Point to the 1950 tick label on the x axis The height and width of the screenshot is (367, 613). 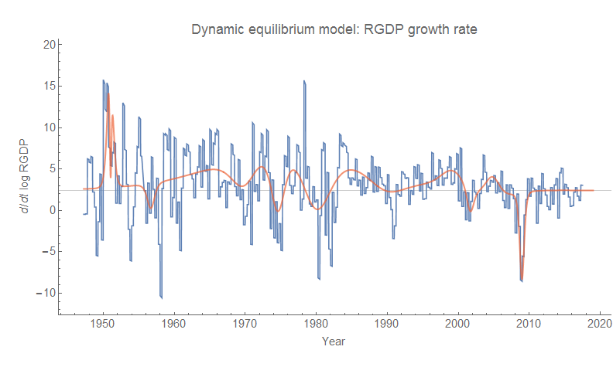pos(102,325)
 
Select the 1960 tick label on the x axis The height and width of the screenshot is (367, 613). pos(173,325)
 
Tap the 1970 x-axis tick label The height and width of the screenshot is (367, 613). pos(245,325)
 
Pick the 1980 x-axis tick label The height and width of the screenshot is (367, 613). pos(316,325)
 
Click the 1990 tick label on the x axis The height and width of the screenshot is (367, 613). pos(387,325)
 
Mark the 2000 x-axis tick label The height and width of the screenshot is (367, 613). pos(458,325)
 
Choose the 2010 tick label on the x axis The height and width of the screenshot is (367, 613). pos(529,325)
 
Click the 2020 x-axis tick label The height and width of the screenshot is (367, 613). pos(600,325)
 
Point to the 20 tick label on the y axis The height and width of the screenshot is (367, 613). pos(48,44)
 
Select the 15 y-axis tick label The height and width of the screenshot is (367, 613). pos(48,86)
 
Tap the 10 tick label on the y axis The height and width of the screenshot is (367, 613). pos(48,127)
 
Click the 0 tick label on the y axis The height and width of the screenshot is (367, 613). pos(51,210)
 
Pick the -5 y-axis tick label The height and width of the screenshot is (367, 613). pos(46,251)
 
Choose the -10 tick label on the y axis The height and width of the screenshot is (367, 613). pos(44,293)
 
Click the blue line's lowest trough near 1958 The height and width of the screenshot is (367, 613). pos(161,297)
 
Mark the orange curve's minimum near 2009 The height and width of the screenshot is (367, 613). pos(522,280)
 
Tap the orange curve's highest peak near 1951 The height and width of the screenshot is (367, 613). pos(108,94)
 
